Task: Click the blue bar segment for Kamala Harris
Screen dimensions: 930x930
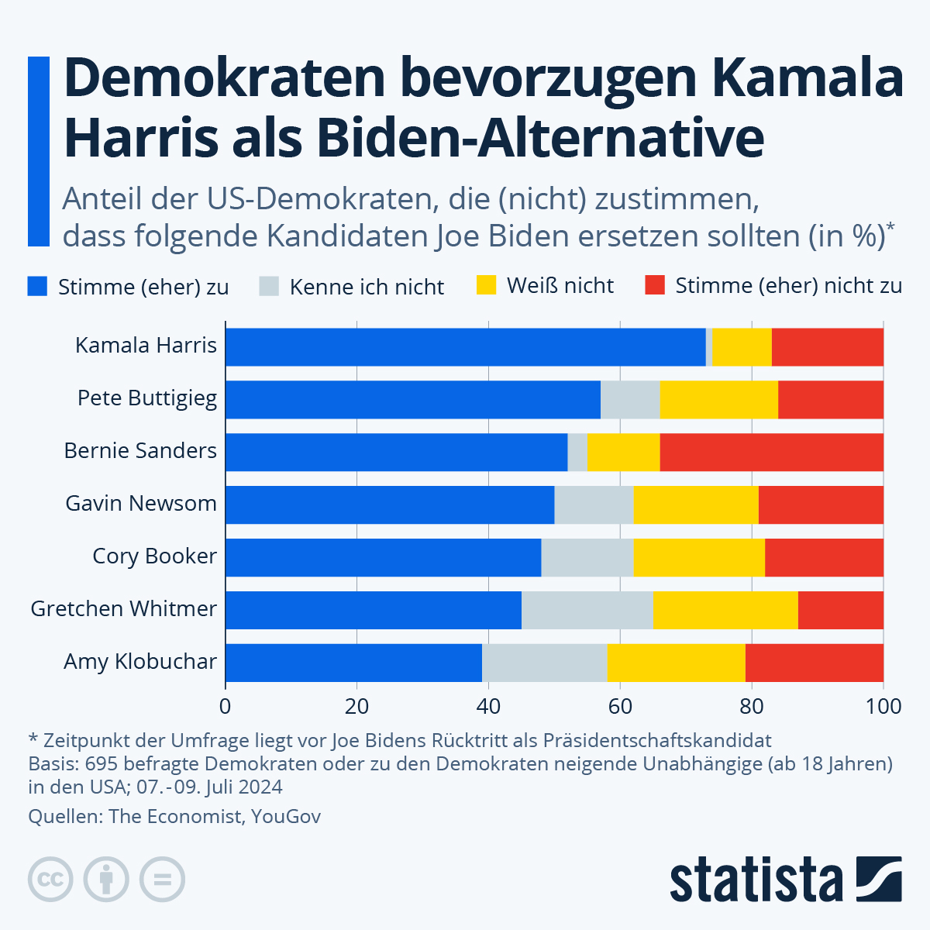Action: (465, 347)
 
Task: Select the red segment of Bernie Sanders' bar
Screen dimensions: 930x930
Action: (771, 453)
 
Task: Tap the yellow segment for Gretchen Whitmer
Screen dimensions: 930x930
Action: (725, 610)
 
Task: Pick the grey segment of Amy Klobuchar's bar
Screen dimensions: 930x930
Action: (544, 663)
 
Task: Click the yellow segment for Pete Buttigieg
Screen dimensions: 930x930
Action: (718, 400)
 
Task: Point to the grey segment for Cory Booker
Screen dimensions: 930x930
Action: (587, 557)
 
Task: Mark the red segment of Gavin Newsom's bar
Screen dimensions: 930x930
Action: (821, 505)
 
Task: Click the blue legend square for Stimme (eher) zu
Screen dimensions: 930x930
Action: (38, 286)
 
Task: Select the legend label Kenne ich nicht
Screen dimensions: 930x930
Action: (367, 288)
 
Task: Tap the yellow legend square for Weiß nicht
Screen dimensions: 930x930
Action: (486, 285)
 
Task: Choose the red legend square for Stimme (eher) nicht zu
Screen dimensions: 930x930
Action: (655, 285)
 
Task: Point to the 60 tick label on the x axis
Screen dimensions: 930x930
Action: (619, 707)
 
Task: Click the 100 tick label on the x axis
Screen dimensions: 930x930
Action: (883, 707)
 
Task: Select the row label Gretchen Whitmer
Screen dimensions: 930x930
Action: (124, 609)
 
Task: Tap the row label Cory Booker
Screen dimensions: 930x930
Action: (154, 556)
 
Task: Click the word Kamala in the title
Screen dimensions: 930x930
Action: (806, 79)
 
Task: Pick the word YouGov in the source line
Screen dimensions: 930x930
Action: (285, 816)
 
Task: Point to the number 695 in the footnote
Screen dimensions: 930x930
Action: (102, 763)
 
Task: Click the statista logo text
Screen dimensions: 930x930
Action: (756, 880)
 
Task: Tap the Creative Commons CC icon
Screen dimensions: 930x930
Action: (50, 880)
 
